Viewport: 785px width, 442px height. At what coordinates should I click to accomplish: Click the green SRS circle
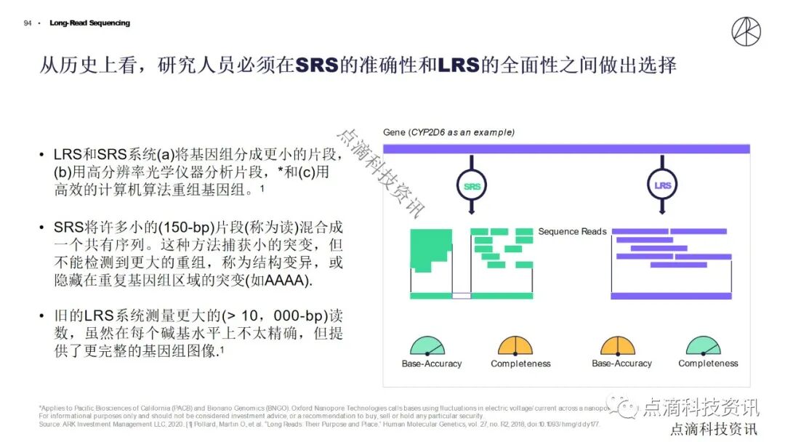tap(472, 186)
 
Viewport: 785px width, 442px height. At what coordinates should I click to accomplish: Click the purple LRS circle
tap(662, 186)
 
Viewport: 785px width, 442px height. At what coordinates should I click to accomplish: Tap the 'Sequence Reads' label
tap(572, 231)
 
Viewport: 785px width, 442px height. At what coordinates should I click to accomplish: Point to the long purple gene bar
tap(566, 149)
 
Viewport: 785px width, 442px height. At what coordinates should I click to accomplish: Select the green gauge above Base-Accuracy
tap(427, 346)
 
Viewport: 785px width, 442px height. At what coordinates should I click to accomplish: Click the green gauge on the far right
tap(704, 346)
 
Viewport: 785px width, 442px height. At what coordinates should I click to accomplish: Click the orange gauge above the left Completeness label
tap(516, 346)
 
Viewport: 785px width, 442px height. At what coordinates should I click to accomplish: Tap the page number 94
tap(28, 23)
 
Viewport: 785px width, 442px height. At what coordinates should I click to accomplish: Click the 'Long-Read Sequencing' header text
tap(90, 23)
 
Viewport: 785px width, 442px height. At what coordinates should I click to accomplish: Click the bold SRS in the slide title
tap(318, 65)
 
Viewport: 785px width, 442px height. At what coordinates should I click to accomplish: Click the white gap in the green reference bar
tap(461, 296)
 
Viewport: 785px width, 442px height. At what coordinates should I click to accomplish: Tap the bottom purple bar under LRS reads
tap(671, 296)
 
